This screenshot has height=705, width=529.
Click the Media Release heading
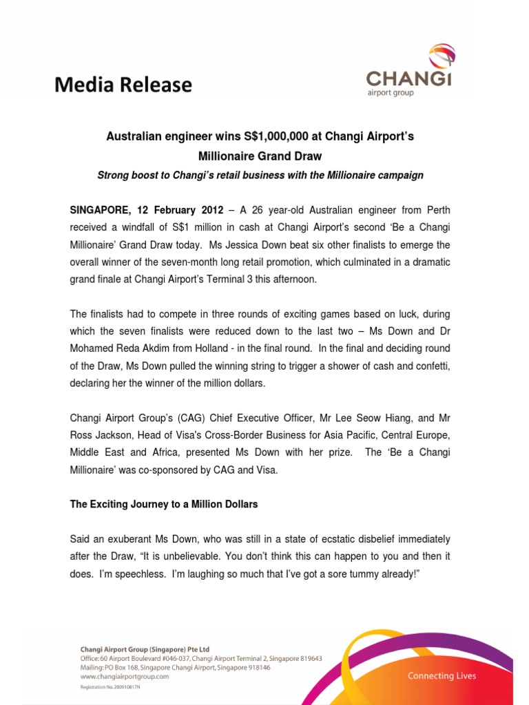(x=123, y=85)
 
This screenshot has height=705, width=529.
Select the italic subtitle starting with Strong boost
(x=260, y=176)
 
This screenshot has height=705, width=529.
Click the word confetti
(x=430, y=366)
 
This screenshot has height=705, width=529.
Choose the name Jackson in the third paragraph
(x=119, y=435)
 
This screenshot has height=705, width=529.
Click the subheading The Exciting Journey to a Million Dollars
(x=164, y=505)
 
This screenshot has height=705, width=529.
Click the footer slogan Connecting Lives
(x=442, y=675)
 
